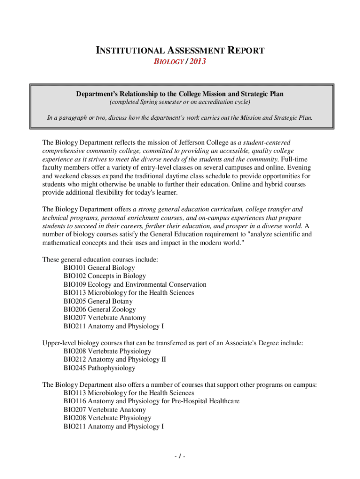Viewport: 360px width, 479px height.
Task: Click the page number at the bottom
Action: click(180, 457)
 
